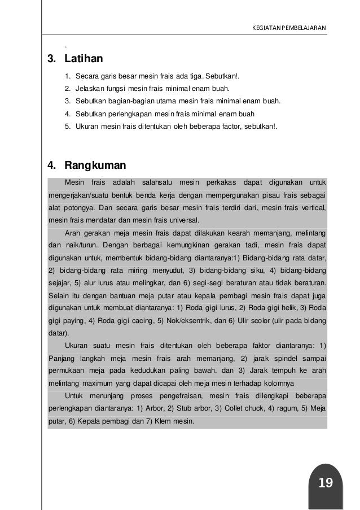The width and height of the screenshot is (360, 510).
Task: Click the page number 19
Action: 326,482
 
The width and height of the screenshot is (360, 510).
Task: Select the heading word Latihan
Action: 84,58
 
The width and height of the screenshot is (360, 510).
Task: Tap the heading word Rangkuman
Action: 95,166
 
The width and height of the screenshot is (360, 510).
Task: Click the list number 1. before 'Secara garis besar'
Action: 68,75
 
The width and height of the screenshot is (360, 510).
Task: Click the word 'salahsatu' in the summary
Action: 157,182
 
